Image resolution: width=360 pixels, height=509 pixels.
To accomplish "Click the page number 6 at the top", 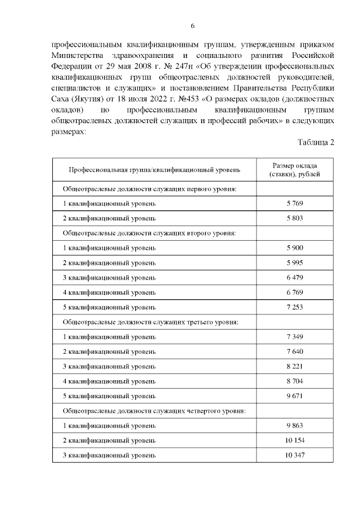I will tap(192, 26).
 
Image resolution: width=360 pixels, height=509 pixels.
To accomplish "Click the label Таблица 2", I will tap(316, 142).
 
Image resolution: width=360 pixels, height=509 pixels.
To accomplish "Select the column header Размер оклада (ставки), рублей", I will tap(295, 170).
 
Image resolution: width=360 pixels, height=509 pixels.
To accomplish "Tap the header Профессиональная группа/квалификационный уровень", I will tap(154, 170).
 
